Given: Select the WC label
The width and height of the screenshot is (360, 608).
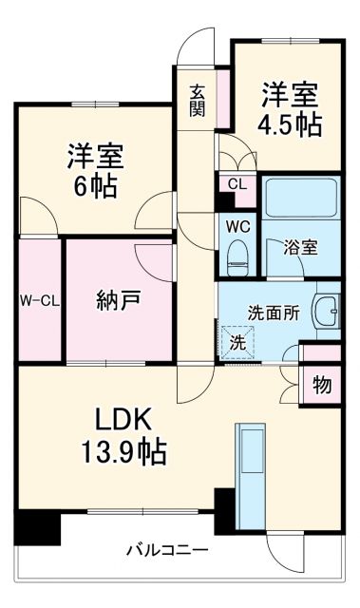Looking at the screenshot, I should click(x=236, y=227).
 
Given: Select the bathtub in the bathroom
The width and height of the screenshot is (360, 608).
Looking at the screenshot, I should click(x=300, y=200).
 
